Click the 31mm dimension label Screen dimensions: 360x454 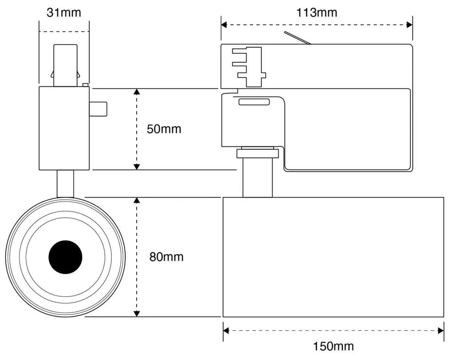click(x=64, y=12)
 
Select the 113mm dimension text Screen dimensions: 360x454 click(x=316, y=12)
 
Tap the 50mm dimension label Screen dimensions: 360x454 click(x=164, y=129)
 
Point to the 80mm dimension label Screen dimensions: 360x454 click(x=166, y=257)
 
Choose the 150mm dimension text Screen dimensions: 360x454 click(x=333, y=346)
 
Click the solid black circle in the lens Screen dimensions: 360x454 click(x=65, y=257)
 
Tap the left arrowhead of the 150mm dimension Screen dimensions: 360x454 click(x=226, y=331)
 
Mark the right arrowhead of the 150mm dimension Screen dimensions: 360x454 click(x=441, y=331)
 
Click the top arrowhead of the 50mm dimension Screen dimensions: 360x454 click(x=137, y=92)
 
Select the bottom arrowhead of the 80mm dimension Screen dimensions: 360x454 click(x=137, y=314)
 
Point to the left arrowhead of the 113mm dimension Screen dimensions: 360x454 click(x=224, y=25)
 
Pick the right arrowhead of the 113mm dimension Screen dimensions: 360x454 click(x=409, y=25)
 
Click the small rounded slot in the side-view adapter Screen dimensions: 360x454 click(x=254, y=102)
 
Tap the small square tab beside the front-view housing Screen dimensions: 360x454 click(x=98, y=109)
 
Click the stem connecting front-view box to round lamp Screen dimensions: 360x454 click(x=65, y=183)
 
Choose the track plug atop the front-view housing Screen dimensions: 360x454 click(x=65, y=65)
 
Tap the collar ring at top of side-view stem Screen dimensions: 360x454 click(x=257, y=154)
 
